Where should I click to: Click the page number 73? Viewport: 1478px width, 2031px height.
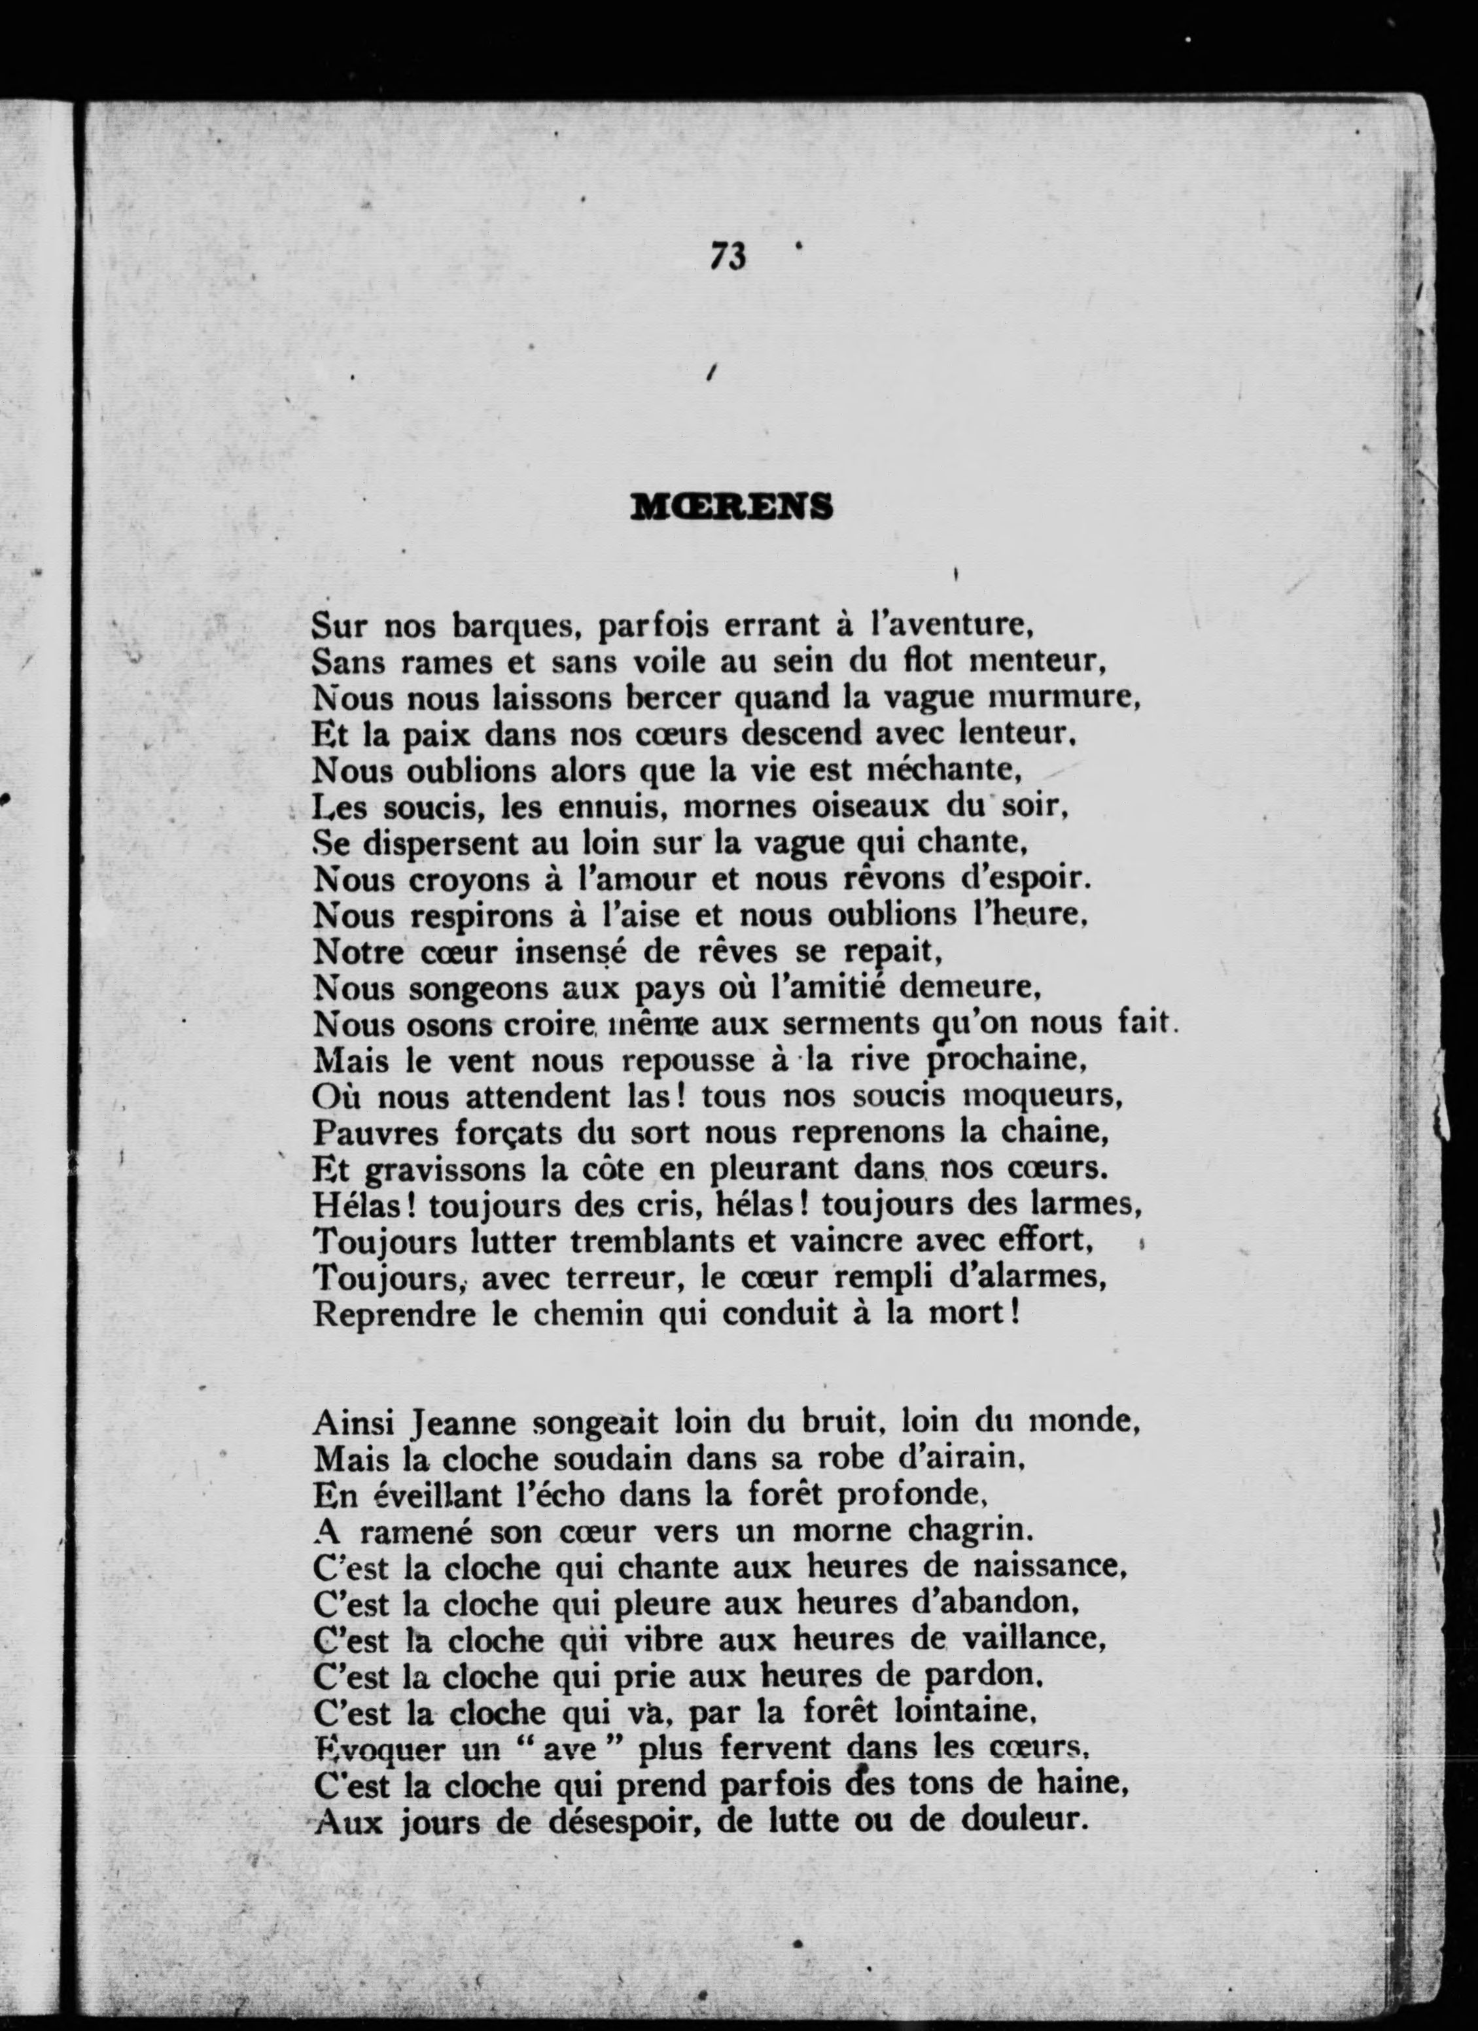728,256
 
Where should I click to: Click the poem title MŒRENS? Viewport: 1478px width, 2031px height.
732,507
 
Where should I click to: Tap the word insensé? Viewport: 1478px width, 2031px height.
571,951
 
